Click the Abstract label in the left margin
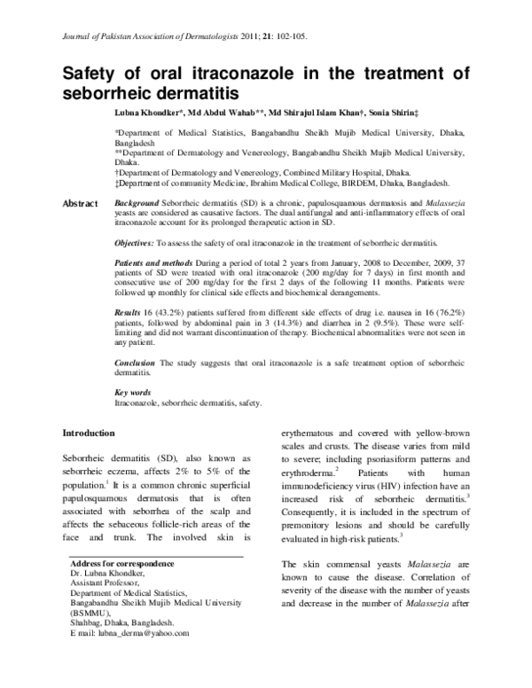80,205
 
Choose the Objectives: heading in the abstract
141,242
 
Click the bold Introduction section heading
88,433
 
